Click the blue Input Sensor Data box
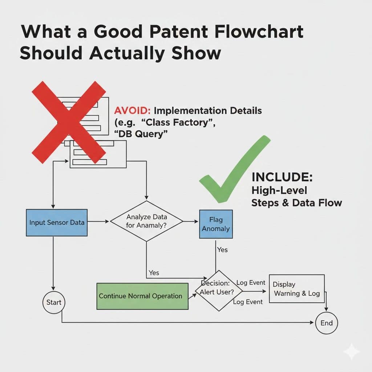tap(57, 222)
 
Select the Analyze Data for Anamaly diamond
tap(146, 221)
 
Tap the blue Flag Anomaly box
tap(216, 224)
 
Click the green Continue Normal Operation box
tap(142, 296)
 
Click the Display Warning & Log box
tap(296, 289)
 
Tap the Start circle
tap(54, 302)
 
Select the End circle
tap(326, 323)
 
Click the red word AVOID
tap(132, 110)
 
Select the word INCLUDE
tap(282, 178)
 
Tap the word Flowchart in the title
tap(262, 32)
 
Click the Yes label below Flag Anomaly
tap(222, 250)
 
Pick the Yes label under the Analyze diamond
tap(154, 272)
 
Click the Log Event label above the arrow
tap(251, 283)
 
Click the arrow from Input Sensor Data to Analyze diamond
tap(98, 221)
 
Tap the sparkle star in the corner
tap(351, 351)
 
